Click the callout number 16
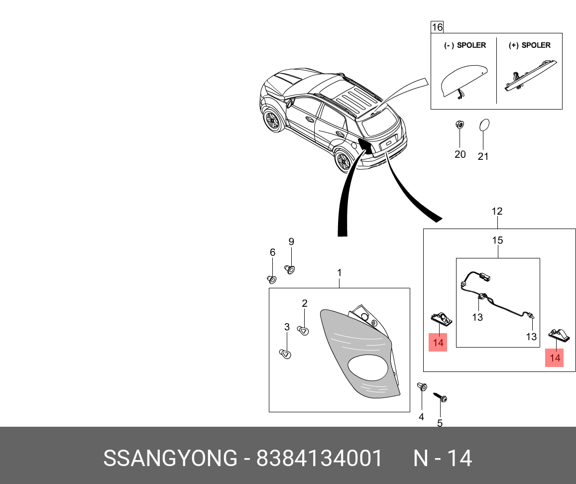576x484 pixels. pyautogui.click(x=437, y=27)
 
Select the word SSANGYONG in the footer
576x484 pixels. pyautogui.click(x=170, y=458)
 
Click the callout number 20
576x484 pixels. pyautogui.click(x=460, y=154)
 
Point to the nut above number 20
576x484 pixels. pyautogui.click(x=460, y=125)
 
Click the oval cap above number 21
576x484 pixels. pyautogui.click(x=484, y=126)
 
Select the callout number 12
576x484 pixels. pyautogui.click(x=497, y=211)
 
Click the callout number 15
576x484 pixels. pyautogui.click(x=497, y=241)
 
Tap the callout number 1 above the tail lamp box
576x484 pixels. pyautogui.click(x=339, y=273)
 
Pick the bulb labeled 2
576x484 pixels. pyautogui.click(x=303, y=330)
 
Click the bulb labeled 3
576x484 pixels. pyautogui.click(x=285, y=354)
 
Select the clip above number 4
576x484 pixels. pyautogui.click(x=422, y=387)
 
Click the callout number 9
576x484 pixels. pyautogui.click(x=291, y=242)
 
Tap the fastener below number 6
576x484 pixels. pyautogui.click(x=272, y=279)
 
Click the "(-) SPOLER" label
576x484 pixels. pyautogui.click(x=464, y=45)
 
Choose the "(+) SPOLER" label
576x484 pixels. pyautogui.click(x=529, y=45)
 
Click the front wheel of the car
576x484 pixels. pyautogui.click(x=272, y=121)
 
